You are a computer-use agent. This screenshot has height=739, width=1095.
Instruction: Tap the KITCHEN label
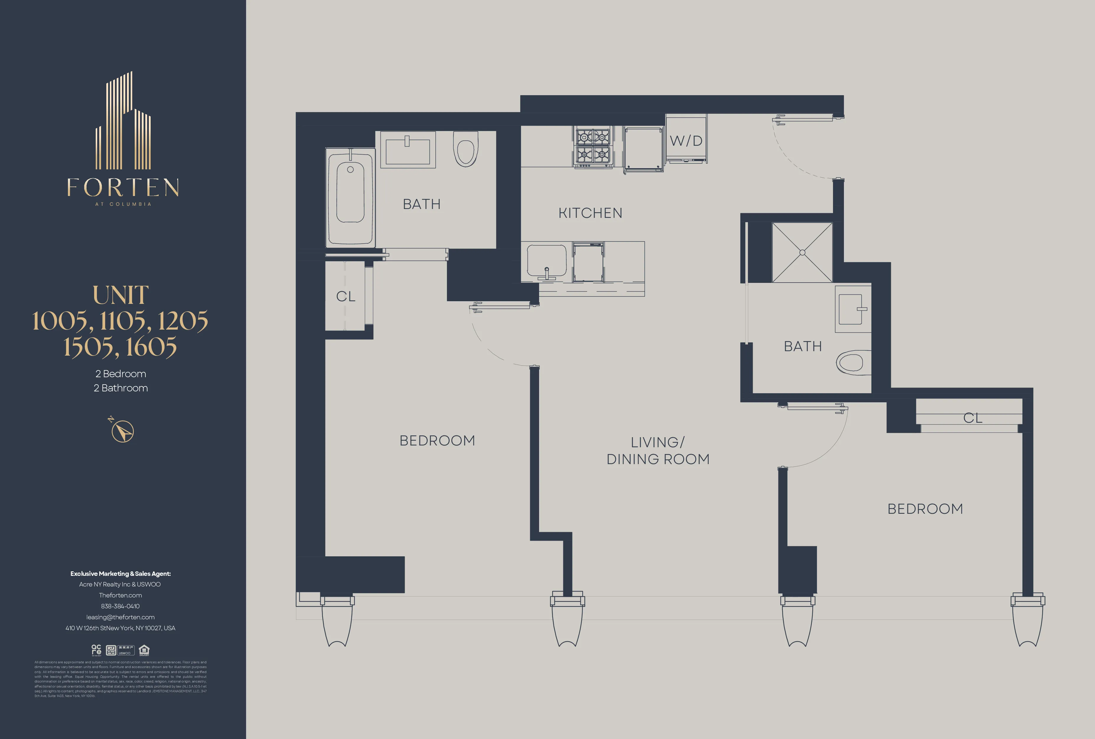click(x=590, y=213)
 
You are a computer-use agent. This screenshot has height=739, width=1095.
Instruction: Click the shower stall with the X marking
click(x=802, y=253)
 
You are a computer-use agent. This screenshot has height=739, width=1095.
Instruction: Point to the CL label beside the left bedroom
click(x=346, y=296)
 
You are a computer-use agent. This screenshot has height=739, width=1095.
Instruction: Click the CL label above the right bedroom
click(x=972, y=418)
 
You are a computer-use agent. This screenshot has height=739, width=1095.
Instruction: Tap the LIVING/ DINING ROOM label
click(x=658, y=450)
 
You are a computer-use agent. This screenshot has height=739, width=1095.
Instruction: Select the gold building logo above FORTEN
click(x=123, y=121)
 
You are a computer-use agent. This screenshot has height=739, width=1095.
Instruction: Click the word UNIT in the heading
click(x=121, y=296)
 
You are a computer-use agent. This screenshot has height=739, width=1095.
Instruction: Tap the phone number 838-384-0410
click(x=120, y=606)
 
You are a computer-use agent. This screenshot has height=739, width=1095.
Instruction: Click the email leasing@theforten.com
click(x=120, y=617)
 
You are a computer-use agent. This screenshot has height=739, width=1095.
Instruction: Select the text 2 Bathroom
click(x=121, y=388)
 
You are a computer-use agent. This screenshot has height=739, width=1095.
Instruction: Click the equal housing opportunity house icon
click(x=144, y=650)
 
